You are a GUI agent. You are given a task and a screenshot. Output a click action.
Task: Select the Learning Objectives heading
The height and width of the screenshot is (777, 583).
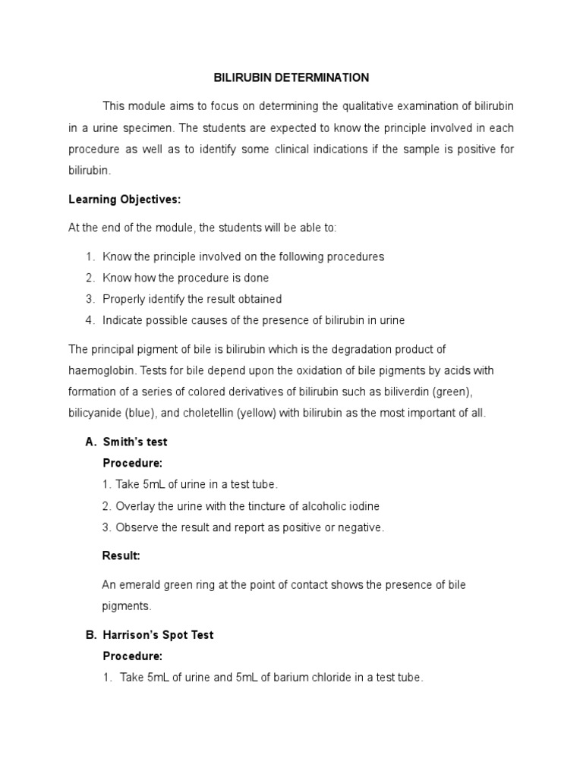pos(125,200)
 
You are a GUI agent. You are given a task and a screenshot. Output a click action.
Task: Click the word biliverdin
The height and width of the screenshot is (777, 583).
pos(418,392)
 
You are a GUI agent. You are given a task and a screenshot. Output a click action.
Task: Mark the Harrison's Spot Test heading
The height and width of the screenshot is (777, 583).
pos(158,635)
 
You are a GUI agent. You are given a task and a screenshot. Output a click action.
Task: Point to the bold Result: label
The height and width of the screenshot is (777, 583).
pos(121,556)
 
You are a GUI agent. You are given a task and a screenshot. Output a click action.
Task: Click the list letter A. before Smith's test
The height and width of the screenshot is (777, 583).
pos(91,442)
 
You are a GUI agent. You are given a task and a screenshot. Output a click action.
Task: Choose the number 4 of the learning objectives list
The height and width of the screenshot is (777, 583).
pos(89,320)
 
